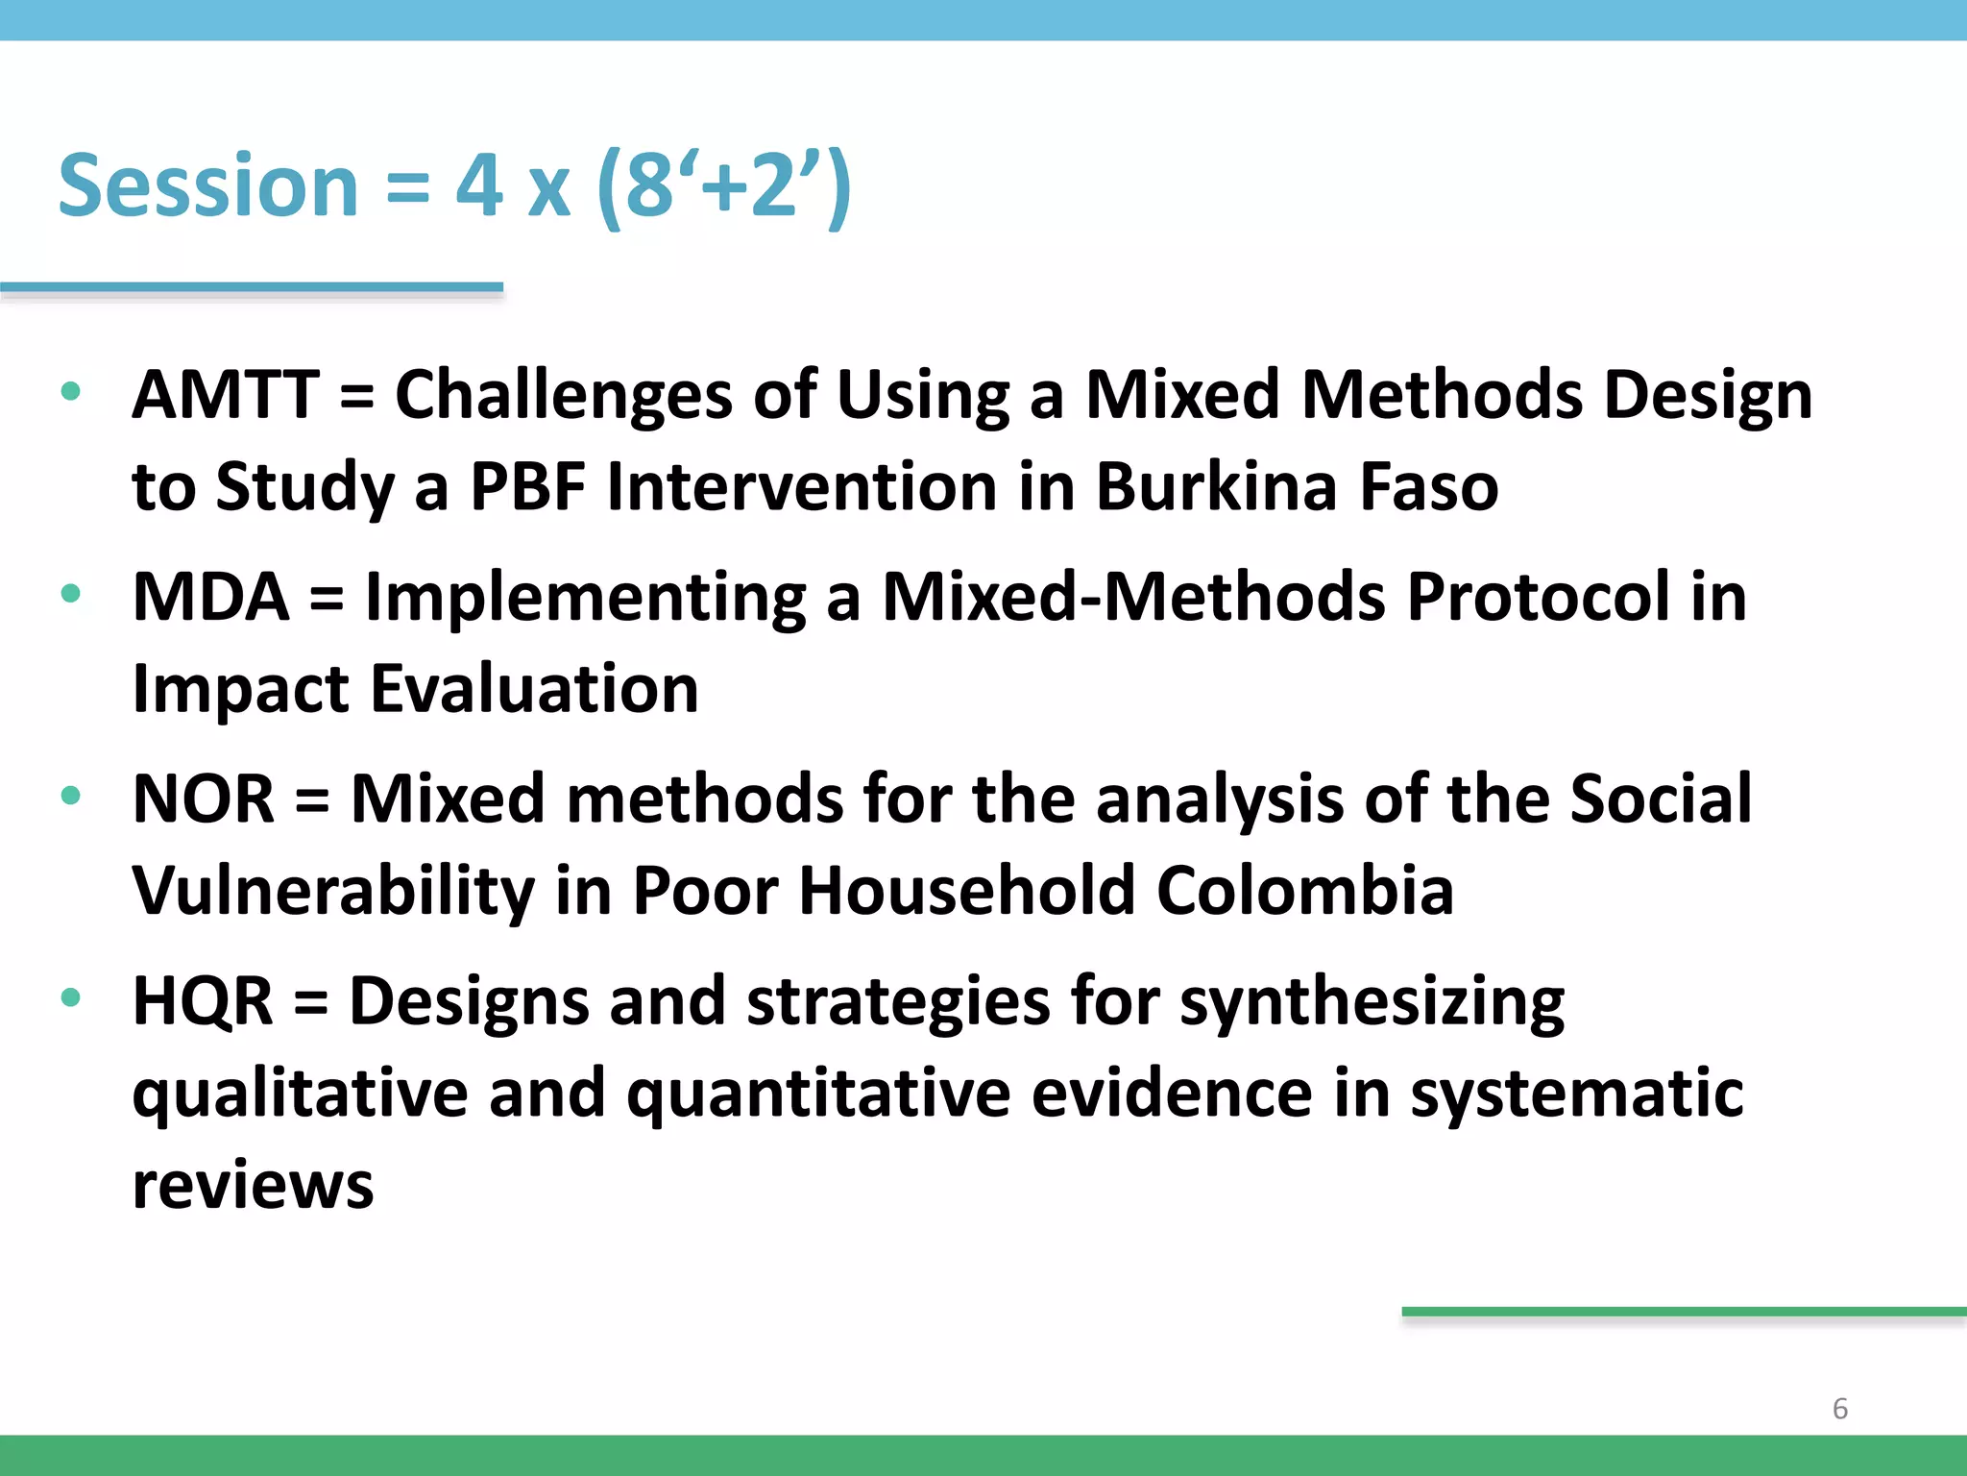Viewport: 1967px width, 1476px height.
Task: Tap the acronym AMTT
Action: tap(226, 395)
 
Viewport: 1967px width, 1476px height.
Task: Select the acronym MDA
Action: tap(210, 597)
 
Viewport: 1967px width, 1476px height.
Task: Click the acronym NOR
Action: tap(204, 799)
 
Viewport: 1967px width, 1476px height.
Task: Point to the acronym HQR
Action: tap(203, 1001)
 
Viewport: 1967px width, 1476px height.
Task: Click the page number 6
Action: tap(1839, 1409)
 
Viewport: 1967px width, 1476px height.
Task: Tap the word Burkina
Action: tap(1216, 486)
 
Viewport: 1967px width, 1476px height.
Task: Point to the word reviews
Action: tap(253, 1185)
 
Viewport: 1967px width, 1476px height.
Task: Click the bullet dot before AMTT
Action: tap(70, 391)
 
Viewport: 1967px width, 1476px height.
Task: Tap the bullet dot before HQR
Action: tap(70, 997)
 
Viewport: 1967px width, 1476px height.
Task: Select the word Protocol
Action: tap(1538, 597)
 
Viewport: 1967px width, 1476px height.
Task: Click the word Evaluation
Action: tap(534, 689)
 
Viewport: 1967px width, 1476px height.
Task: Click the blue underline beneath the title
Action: tap(252, 287)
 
